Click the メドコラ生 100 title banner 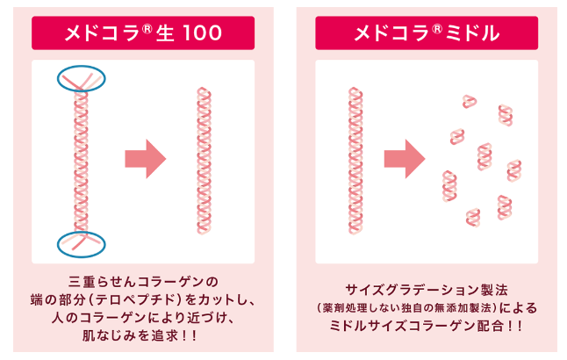click(x=142, y=33)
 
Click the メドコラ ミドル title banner click(x=426, y=33)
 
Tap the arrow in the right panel click(x=404, y=159)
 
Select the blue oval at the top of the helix click(x=81, y=80)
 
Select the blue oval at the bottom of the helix click(x=81, y=243)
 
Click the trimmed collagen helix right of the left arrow click(x=204, y=161)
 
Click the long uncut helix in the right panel click(x=355, y=161)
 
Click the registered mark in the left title click(x=148, y=28)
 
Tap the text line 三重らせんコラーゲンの click(x=142, y=282)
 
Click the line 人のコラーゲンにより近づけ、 click(x=142, y=318)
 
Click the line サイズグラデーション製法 click(x=426, y=289)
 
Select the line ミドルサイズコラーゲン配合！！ click(x=426, y=326)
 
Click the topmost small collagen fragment click(x=470, y=102)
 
